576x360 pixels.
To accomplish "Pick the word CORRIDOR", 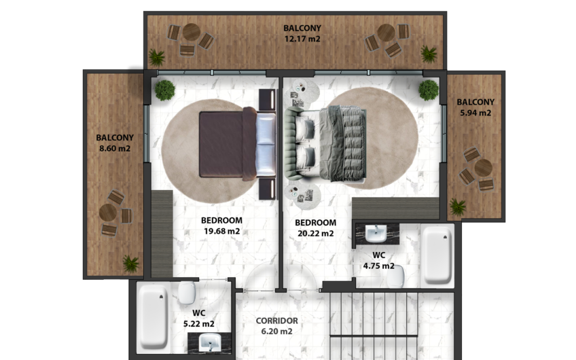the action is point(277,321).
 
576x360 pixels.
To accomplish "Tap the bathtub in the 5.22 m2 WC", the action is point(154,317).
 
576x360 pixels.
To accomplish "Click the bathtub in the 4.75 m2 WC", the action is point(437,255).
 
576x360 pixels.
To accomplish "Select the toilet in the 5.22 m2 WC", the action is point(187,292).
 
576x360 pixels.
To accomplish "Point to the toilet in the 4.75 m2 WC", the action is point(395,276).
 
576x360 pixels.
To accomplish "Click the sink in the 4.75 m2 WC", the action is point(376,233).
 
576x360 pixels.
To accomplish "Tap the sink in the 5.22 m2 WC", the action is point(210,342).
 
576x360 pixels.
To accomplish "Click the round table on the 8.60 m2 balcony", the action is point(107,213).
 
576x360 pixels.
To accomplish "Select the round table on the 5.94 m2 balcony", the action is point(483,168).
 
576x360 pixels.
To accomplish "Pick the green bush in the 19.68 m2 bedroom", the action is point(164,90).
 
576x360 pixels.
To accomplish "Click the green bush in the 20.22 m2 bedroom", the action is point(429,90).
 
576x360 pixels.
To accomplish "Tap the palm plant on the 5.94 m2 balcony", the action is point(458,206).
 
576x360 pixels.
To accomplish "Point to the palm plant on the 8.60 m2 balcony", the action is point(131,264).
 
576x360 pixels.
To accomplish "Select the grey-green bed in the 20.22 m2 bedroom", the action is point(325,143).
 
